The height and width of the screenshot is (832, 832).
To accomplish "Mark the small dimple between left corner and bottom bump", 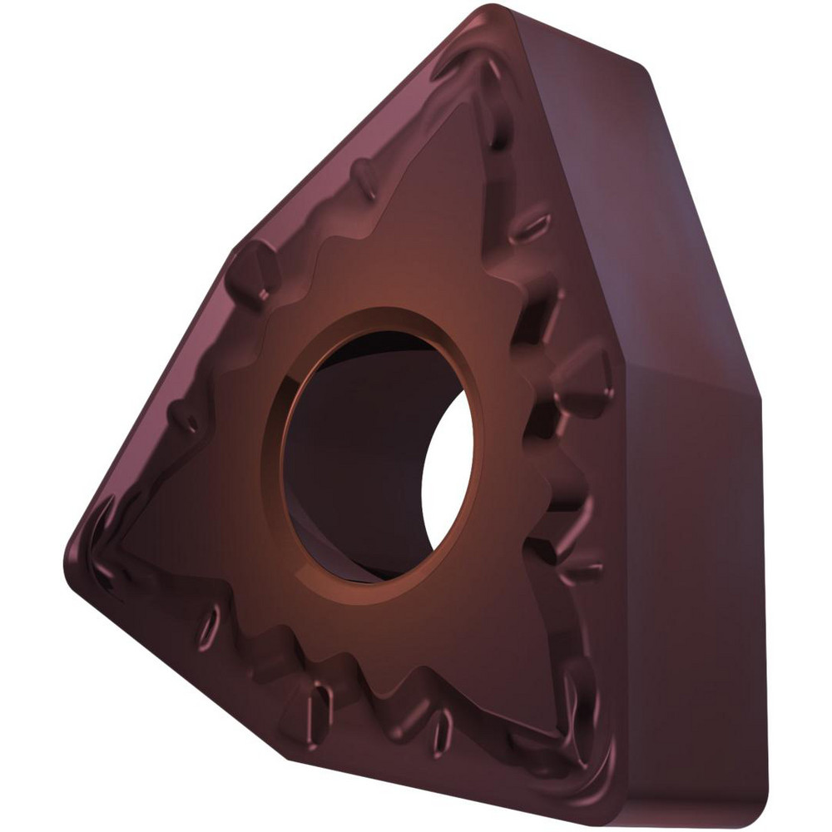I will tap(208, 624).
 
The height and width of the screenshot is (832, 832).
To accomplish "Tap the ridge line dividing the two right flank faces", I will tap(691, 379).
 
